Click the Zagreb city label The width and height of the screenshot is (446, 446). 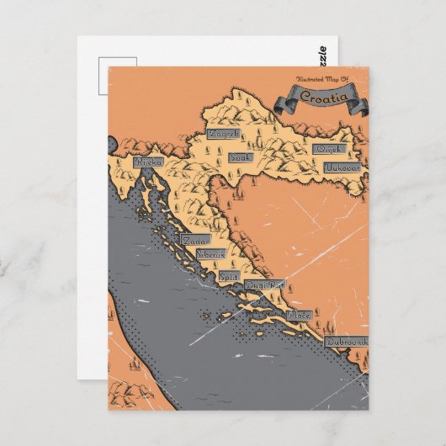point(225,134)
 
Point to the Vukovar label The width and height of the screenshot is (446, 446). point(343,167)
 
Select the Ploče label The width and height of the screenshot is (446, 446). point(299,315)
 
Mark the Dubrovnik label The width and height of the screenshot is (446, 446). point(347,342)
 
